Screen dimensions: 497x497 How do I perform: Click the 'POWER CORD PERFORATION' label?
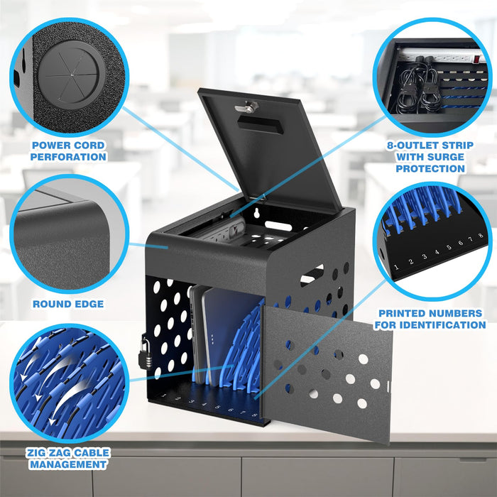pos(68,151)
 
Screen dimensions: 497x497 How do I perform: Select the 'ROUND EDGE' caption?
pos(68,304)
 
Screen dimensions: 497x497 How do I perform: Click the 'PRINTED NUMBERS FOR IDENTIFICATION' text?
pos(431,319)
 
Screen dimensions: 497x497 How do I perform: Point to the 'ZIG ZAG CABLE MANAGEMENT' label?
pos(68,458)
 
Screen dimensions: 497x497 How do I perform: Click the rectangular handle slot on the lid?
pos(260,124)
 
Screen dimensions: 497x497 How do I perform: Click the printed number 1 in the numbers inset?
pos(395,268)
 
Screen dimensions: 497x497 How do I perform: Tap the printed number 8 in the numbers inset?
pos(480,235)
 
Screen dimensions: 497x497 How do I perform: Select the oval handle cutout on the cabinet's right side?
pos(312,274)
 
